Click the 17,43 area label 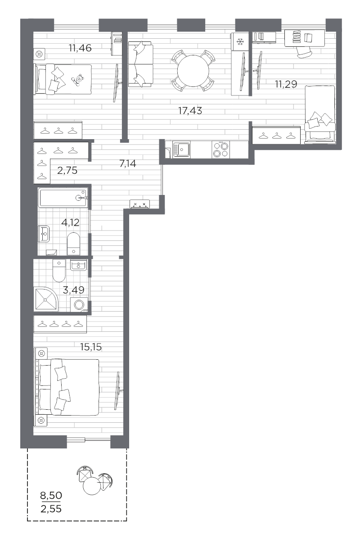(190, 111)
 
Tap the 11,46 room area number (80, 48)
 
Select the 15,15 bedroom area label (91, 347)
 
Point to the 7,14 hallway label (128, 163)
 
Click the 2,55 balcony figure (51, 509)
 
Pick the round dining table (193, 71)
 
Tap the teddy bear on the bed (77, 80)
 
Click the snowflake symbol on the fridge (240, 42)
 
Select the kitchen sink (181, 150)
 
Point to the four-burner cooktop (220, 150)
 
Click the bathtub (63, 198)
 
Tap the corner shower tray (46, 299)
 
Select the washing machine (79, 305)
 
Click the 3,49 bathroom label (73, 290)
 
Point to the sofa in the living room (140, 64)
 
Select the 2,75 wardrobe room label (67, 170)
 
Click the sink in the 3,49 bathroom (78, 265)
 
